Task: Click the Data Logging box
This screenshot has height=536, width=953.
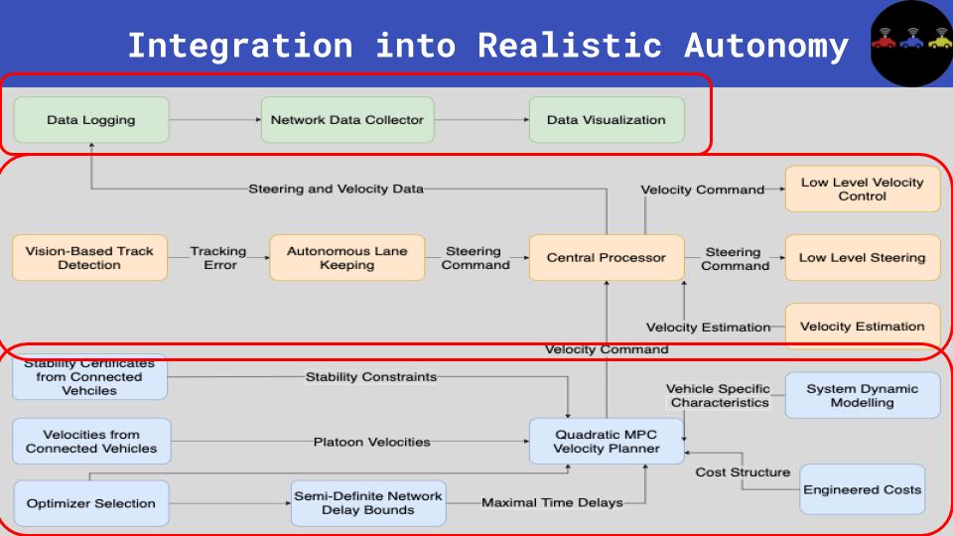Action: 91,120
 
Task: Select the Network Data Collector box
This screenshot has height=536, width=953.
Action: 347,120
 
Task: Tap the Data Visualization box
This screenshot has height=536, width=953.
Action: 607,120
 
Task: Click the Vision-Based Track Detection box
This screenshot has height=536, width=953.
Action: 89,258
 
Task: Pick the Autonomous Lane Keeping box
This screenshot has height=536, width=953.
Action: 347,258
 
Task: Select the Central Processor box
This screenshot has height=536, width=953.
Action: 607,258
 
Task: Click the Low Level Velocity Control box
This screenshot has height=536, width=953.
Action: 863,189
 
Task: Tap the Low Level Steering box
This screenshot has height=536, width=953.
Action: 863,258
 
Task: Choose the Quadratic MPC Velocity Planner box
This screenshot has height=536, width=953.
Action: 607,441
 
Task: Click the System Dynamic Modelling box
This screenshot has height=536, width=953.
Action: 863,395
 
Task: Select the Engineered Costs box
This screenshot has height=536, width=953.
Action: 863,489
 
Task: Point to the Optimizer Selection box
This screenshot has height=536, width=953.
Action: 91,503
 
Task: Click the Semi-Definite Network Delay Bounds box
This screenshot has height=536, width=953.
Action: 368,503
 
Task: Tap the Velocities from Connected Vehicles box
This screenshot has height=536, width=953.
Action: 91,441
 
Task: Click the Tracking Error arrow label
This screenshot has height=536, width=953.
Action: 218,258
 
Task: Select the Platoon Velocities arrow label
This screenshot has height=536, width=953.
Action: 372,442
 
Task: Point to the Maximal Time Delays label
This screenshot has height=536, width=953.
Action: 552,502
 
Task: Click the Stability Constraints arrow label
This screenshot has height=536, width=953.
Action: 370,377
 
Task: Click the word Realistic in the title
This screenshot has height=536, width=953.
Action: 570,46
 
